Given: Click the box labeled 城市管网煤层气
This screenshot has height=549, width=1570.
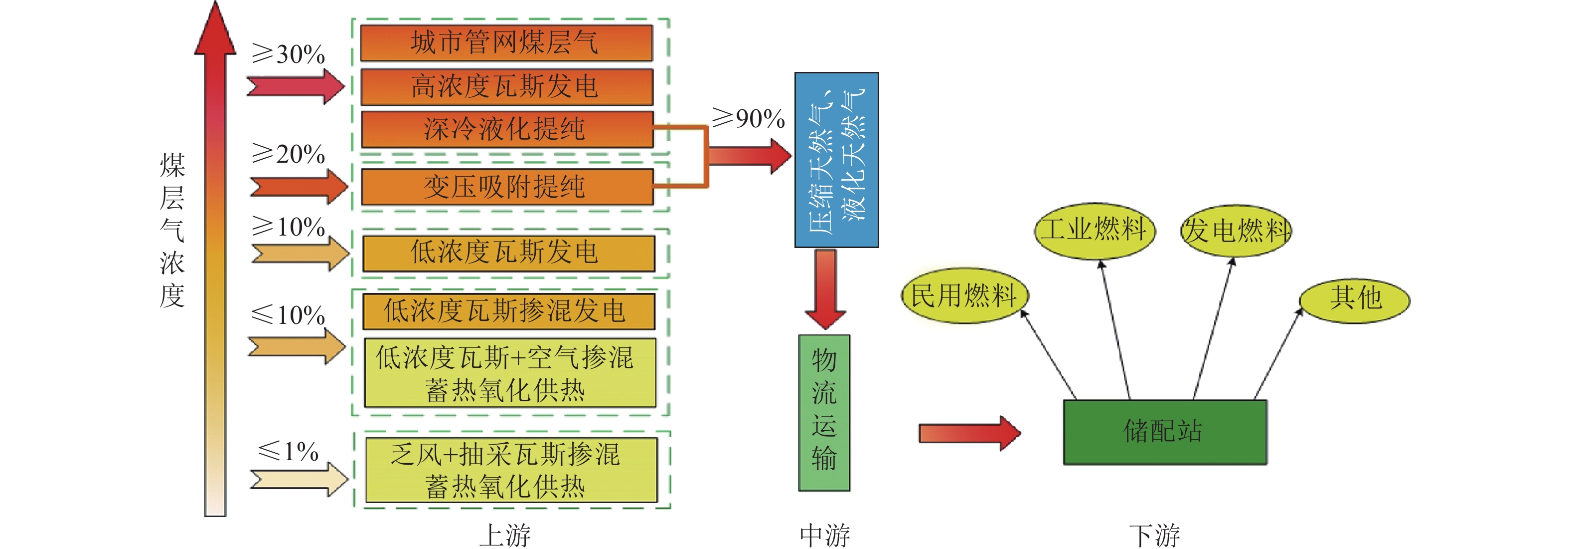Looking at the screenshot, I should tap(506, 43).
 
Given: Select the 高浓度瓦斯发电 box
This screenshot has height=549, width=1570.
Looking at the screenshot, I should tap(506, 86).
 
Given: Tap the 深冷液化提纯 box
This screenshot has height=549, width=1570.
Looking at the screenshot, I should tap(506, 129).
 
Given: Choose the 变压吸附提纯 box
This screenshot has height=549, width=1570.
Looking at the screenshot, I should tap(506, 186).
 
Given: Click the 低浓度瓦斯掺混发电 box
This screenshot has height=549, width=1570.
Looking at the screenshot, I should tap(508, 310).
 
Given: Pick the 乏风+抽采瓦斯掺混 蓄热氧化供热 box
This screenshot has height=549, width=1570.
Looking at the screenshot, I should tap(511, 470).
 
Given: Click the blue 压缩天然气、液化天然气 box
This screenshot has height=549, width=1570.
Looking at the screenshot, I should tap(836, 160).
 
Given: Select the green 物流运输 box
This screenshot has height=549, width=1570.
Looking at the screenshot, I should tap(824, 412).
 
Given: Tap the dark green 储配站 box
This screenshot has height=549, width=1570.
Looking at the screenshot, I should tap(1165, 432).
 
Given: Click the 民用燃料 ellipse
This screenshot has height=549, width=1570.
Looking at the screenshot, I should tap(964, 296).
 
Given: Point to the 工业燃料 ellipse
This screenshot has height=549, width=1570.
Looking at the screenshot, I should tap(1094, 231).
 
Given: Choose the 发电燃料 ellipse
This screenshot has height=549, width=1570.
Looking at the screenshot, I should tap(1236, 231).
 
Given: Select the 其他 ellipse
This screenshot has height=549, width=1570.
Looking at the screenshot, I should tap(1354, 299).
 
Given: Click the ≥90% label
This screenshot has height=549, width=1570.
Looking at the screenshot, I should tap(749, 118).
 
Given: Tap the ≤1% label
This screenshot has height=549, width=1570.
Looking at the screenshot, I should tap(288, 451).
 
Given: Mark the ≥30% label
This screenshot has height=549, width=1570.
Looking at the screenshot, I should tap(288, 54).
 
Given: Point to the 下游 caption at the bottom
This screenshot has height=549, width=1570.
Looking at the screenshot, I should tap(1154, 535).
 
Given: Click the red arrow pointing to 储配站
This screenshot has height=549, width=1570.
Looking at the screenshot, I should tap(969, 433).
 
